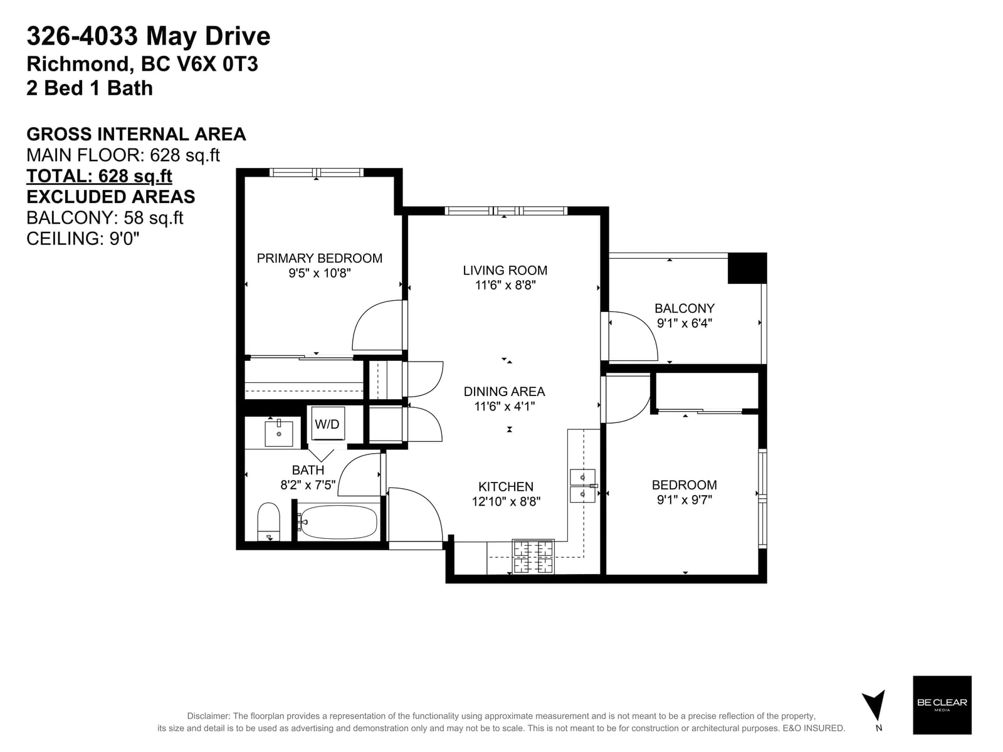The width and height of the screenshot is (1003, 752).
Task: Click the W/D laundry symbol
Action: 328,424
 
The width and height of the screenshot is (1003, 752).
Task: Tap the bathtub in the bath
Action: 339,522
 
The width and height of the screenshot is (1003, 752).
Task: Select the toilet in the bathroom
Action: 268,522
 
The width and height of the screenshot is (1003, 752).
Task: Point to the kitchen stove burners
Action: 533,556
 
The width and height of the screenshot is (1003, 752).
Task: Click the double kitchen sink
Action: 582,486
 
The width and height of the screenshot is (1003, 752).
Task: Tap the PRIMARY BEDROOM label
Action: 320,258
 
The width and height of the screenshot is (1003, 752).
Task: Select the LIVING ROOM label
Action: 505,270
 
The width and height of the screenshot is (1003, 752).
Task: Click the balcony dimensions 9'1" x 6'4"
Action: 684,323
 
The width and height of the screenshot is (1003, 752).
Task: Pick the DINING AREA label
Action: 505,391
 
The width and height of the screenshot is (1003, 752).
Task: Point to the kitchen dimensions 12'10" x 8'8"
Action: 506,502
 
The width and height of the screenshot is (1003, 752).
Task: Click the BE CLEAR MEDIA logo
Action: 942,705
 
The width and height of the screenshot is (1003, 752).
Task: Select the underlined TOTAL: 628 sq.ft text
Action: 99,176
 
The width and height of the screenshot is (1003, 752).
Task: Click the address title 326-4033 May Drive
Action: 149,36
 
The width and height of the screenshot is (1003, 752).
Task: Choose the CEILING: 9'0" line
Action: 83,239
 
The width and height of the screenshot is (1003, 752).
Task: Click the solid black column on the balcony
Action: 747,268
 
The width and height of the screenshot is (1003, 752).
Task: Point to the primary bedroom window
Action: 316,172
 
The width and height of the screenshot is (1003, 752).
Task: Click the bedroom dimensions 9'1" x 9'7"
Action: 684,500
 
